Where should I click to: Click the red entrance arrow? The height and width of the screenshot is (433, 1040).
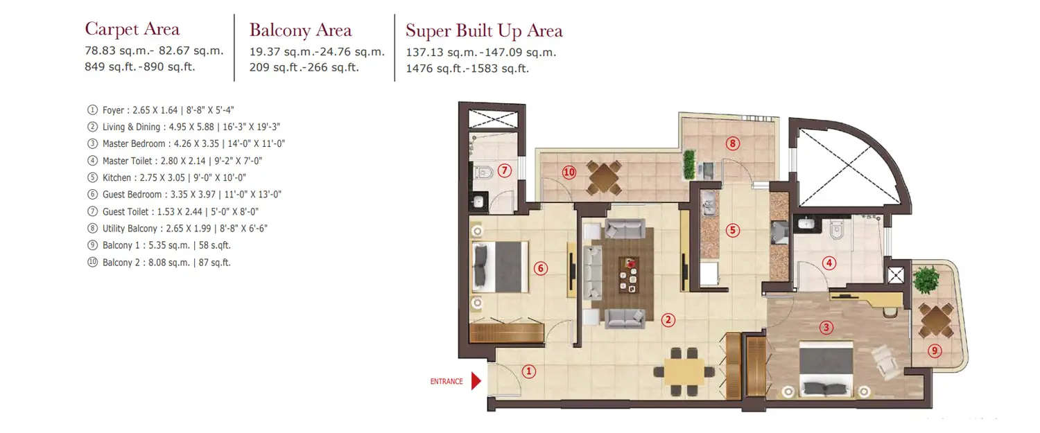[x=476, y=381]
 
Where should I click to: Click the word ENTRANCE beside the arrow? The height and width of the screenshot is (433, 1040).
[x=447, y=382]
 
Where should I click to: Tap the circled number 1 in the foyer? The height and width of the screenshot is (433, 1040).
[x=529, y=371]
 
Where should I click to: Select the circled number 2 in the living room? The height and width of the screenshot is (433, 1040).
[x=668, y=319]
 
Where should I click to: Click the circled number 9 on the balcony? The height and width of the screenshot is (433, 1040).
[x=935, y=351]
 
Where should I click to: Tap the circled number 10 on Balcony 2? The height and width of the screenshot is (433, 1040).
[x=569, y=173]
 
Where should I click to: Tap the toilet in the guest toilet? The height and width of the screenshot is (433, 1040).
[x=483, y=171]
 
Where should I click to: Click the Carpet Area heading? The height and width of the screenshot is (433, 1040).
[x=132, y=29]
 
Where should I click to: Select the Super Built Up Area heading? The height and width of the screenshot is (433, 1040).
[x=484, y=30]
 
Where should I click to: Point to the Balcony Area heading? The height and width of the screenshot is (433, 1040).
[x=300, y=30]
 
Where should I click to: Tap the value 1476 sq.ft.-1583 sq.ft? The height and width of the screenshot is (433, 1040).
[x=467, y=68]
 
